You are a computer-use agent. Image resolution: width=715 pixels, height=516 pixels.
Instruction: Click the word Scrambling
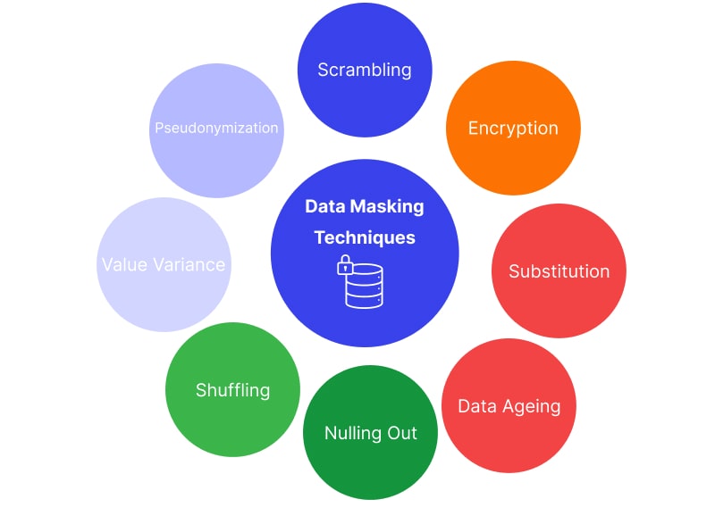[x=365, y=70]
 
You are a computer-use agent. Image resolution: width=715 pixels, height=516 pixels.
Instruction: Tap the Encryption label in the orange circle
[x=513, y=128]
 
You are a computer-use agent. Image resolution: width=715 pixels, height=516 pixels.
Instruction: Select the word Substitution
[x=559, y=271]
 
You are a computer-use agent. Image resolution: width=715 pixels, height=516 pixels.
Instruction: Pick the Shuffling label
[x=232, y=390]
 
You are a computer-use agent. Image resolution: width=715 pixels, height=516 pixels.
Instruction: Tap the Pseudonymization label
[x=216, y=128]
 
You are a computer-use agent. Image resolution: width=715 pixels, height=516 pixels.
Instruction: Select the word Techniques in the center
[x=365, y=237]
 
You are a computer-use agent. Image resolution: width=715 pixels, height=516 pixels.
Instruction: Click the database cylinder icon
[x=364, y=286]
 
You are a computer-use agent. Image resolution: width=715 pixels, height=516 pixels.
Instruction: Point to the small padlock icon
[x=343, y=265]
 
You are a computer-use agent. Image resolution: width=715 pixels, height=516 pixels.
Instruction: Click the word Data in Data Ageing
[x=476, y=407]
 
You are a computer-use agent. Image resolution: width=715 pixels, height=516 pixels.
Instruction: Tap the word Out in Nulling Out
[x=402, y=433]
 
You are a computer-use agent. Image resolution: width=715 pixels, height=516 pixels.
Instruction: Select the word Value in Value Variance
[x=124, y=265]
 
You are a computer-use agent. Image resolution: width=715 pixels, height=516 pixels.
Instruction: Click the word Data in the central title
[x=324, y=206]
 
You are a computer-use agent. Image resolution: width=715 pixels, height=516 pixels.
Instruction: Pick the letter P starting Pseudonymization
[x=158, y=128]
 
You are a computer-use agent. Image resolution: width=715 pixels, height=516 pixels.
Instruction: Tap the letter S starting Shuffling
[x=201, y=390]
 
